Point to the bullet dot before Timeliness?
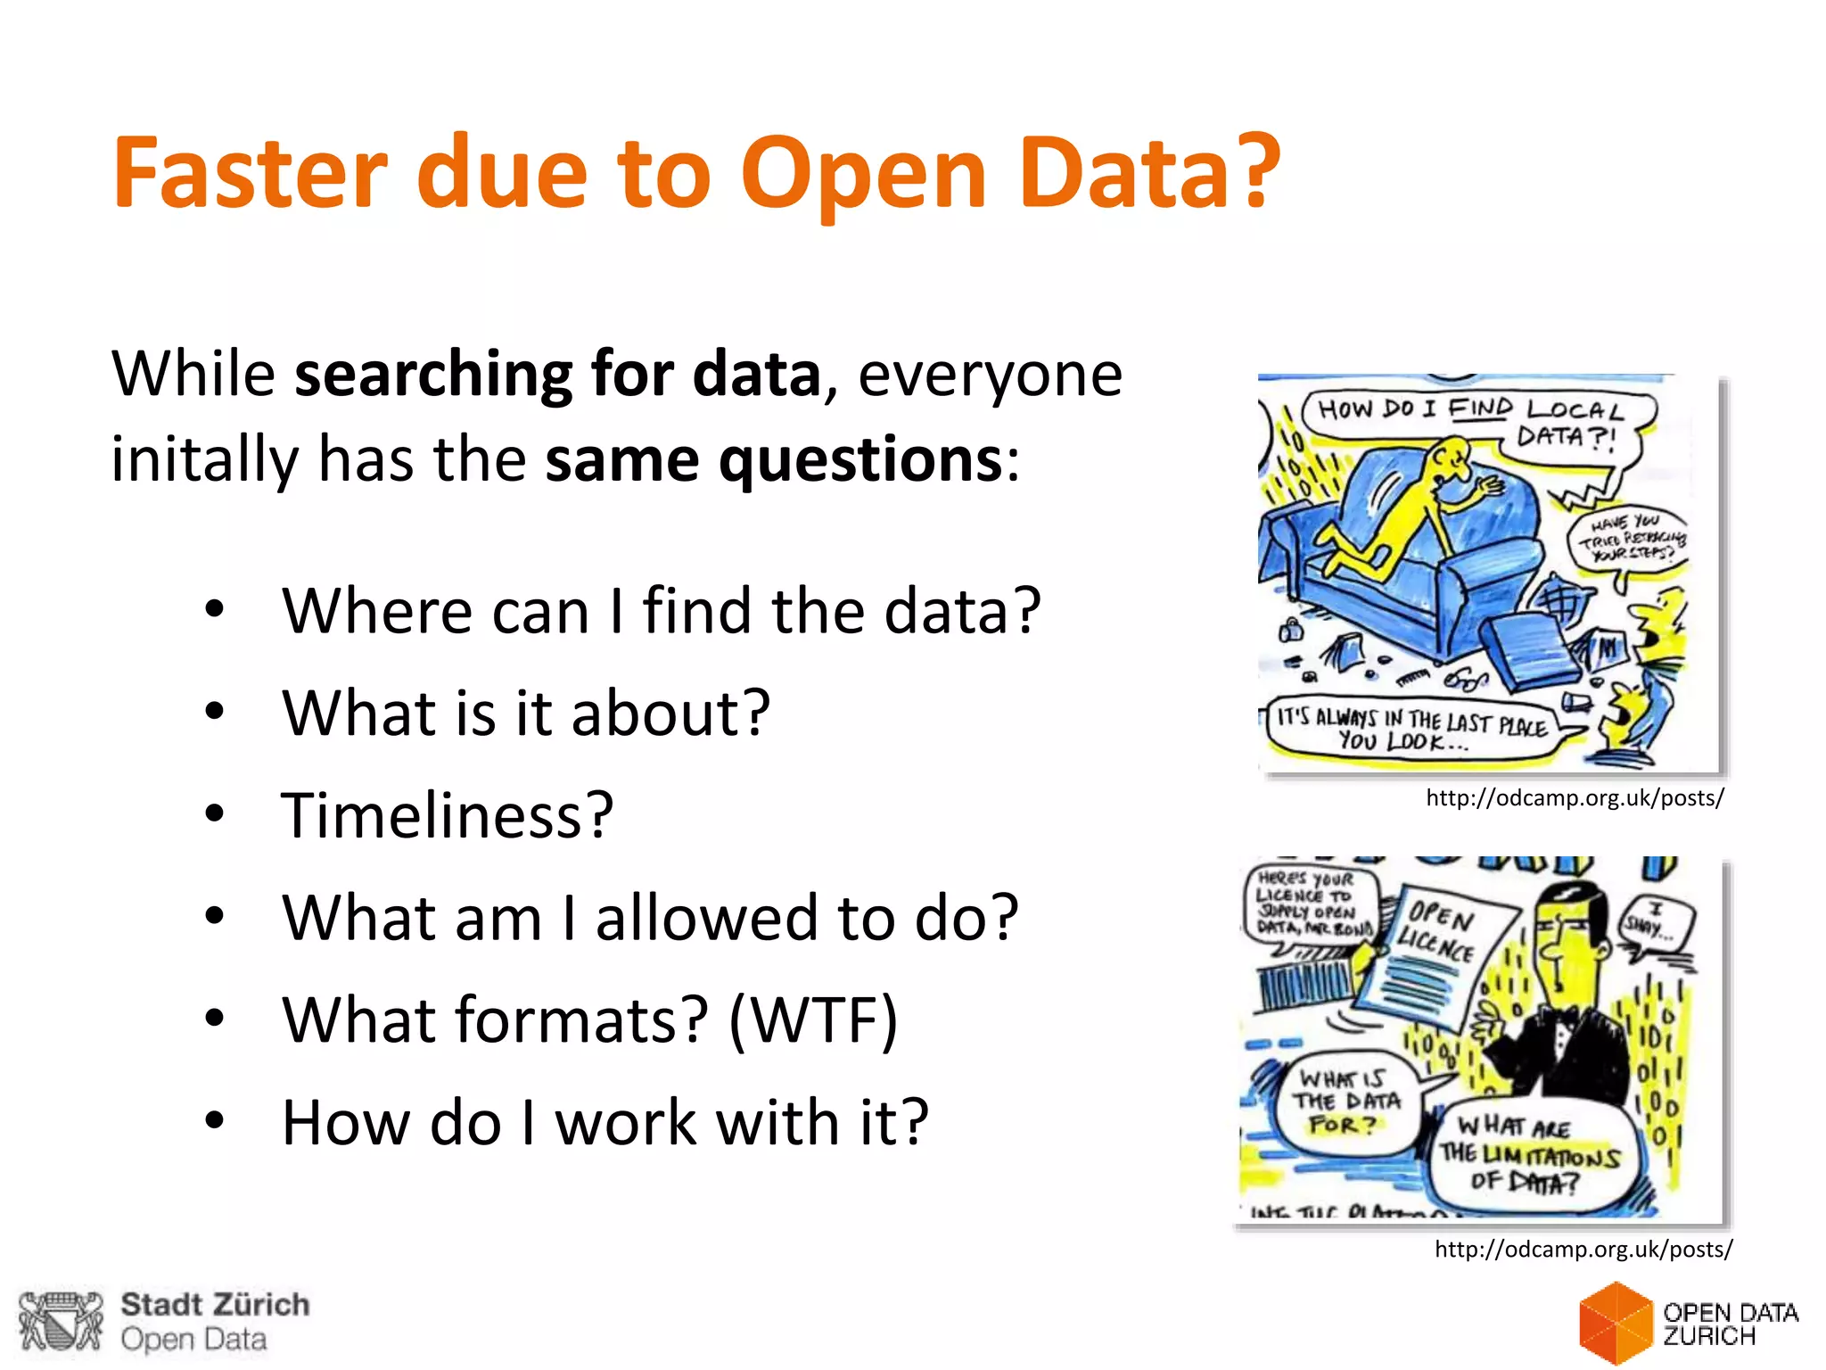click(214, 813)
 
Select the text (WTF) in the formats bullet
click(812, 1020)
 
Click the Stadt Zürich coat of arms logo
click(61, 1321)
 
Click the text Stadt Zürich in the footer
click(215, 1305)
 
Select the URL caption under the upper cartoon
click(1575, 798)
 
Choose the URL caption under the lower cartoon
click(1583, 1250)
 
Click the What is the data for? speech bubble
click(1346, 1102)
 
